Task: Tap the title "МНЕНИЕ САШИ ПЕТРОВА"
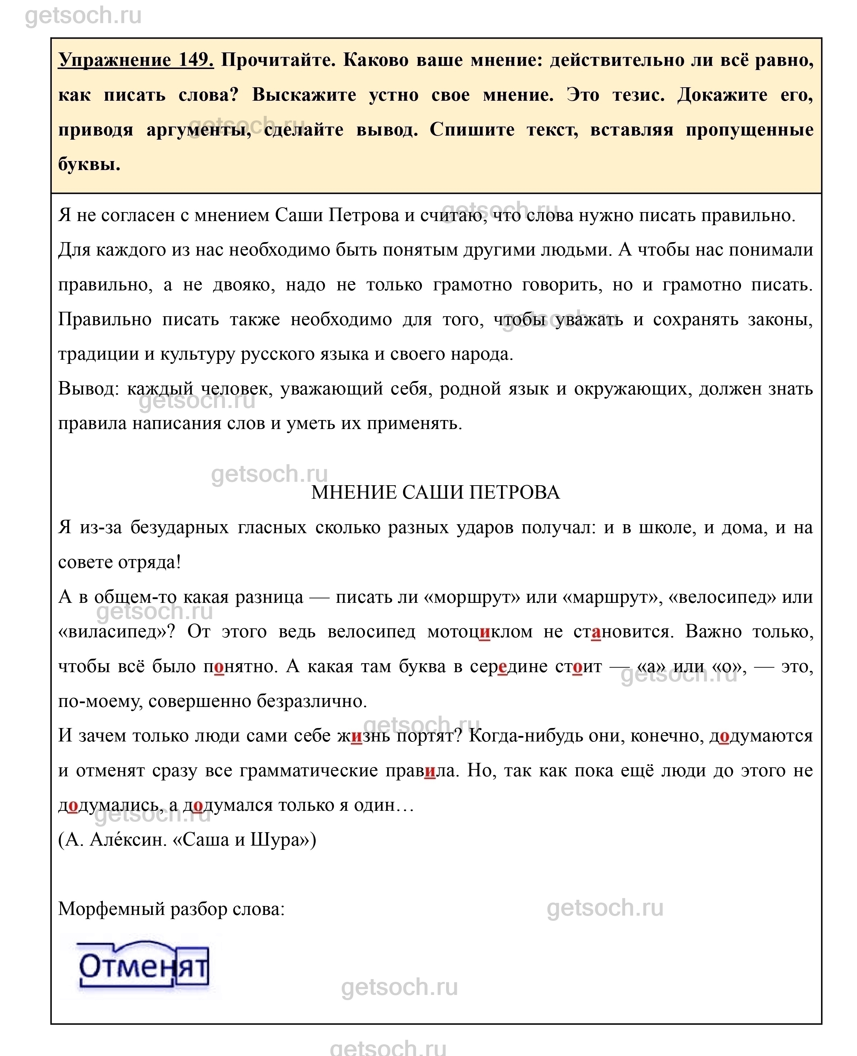click(435, 492)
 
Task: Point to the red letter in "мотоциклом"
click(484, 632)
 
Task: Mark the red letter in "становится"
click(596, 632)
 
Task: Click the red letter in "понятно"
click(219, 667)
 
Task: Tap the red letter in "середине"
click(503, 667)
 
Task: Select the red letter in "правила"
click(430, 771)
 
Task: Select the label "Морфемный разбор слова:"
click(172, 909)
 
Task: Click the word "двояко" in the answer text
click(244, 285)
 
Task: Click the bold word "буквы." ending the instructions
click(89, 164)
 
